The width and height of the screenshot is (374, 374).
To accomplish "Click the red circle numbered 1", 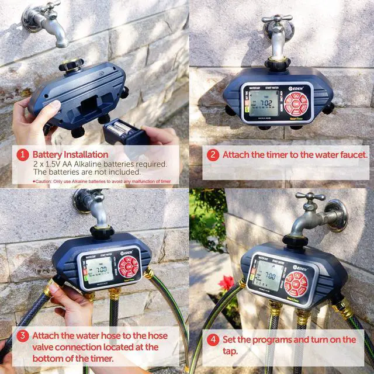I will pos(23,155).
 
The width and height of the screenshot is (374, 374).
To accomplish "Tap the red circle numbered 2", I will pos(213,155).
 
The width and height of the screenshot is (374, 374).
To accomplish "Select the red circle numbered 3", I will pos(23,336).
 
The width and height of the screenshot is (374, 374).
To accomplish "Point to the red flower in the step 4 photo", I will pos(227,284).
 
